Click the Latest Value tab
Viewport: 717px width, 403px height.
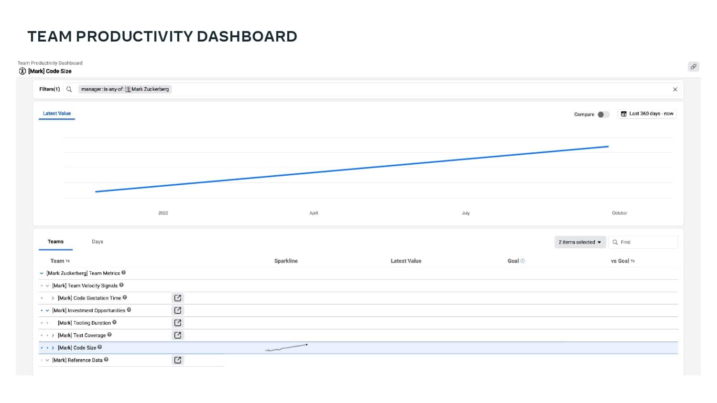pyautogui.click(x=57, y=114)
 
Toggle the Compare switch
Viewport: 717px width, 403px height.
pyautogui.click(x=603, y=115)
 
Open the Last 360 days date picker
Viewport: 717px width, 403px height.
pyautogui.click(x=647, y=114)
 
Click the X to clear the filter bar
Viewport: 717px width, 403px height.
pyautogui.click(x=675, y=90)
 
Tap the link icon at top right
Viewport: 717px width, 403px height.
pyautogui.click(x=693, y=66)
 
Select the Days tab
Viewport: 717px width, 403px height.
pyautogui.click(x=98, y=242)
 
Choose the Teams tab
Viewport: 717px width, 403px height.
pyautogui.click(x=56, y=242)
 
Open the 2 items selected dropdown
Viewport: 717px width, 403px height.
pyautogui.click(x=580, y=242)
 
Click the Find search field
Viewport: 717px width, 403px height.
pyautogui.click(x=643, y=242)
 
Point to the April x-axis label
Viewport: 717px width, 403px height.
pyautogui.click(x=314, y=213)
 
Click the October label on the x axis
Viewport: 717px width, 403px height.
pyautogui.click(x=619, y=213)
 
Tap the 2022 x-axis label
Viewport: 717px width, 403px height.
pyautogui.click(x=163, y=213)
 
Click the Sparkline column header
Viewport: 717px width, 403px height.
pyautogui.click(x=286, y=261)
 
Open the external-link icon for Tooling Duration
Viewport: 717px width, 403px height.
pyautogui.click(x=178, y=323)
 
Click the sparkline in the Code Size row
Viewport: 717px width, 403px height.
pyautogui.click(x=286, y=348)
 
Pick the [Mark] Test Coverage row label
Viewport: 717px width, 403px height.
pyautogui.click(x=82, y=335)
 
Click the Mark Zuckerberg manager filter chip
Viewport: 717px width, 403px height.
pyautogui.click(x=125, y=89)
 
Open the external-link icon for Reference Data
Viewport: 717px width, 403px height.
pyautogui.click(x=178, y=360)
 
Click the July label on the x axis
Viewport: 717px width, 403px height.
pyautogui.click(x=466, y=213)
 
